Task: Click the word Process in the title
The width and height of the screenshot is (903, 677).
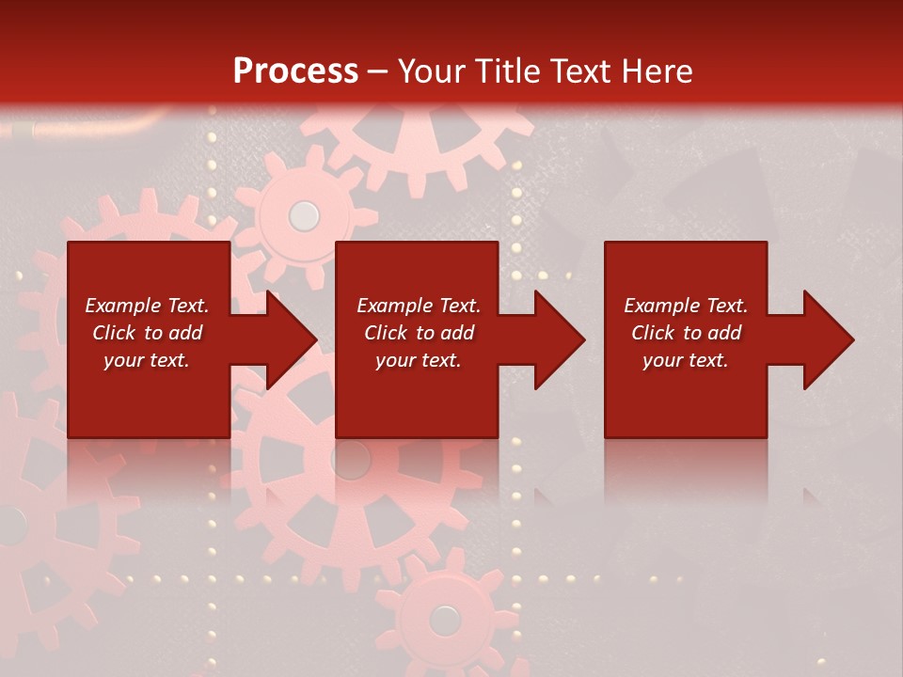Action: pyautogui.click(x=295, y=71)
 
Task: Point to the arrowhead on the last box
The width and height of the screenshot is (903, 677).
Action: pyautogui.click(x=827, y=339)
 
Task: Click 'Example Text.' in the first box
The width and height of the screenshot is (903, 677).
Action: pyautogui.click(x=147, y=306)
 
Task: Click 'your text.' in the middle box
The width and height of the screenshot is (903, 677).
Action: pyautogui.click(x=418, y=360)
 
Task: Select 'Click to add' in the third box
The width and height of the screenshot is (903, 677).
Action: pyautogui.click(x=686, y=333)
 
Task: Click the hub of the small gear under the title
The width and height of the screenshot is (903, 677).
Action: pyautogui.click(x=303, y=216)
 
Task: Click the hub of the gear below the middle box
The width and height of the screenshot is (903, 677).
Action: pyautogui.click(x=352, y=460)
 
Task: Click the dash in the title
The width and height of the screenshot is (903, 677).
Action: pyautogui.click(x=378, y=71)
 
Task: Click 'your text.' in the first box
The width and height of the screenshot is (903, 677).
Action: pyautogui.click(x=147, y=360)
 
